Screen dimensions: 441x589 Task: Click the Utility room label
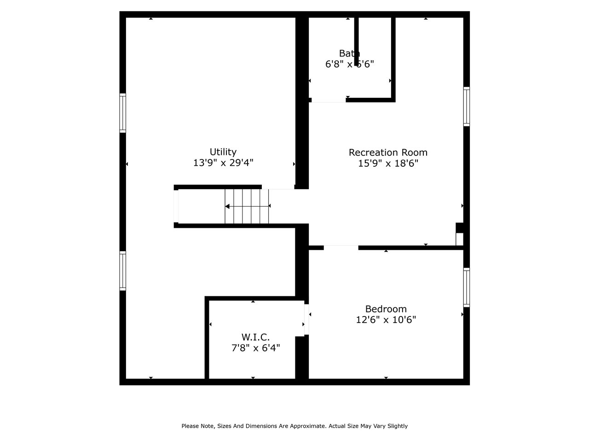pos(223,152)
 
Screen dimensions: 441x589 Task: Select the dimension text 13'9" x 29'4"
pos(223,163)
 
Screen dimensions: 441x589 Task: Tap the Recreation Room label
pos(388,153)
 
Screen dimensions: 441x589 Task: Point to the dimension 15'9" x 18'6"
pos(388,164)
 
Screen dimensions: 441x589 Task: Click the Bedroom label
pos(386,309)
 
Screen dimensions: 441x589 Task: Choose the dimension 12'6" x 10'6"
pos(386,320)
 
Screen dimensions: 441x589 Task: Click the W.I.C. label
pos(255,337)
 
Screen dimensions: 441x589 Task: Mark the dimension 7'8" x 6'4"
pos(255,348)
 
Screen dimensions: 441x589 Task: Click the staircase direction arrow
pos(227,207)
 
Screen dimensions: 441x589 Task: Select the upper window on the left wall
pos(123,113)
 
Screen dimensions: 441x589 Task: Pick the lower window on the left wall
pos(123,271)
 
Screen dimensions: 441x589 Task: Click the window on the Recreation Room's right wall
pos(466,107)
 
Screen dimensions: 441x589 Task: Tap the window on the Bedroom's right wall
pos(466,288)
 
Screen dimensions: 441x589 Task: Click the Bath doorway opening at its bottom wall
pos(329,100)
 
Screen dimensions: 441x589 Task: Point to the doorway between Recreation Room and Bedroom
pos(341,248)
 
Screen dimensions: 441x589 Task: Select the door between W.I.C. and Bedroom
pos(306,319)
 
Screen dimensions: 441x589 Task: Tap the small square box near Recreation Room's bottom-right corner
pos(459,239)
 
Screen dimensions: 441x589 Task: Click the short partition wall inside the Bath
pos(357,39)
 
